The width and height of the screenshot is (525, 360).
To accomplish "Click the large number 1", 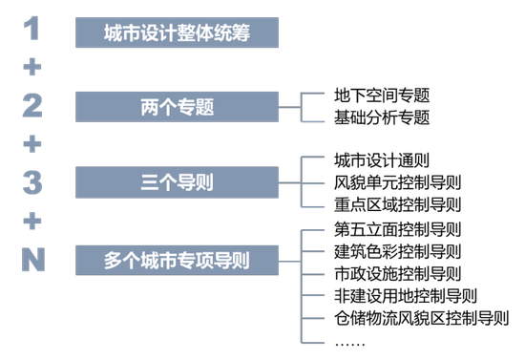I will click(x=32, y=30).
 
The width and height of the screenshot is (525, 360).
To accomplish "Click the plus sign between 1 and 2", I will click(x=32, y=68).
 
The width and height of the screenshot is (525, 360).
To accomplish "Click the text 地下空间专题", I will click(x=382, y=95).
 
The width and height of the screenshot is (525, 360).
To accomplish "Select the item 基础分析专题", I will click(x=382, y=117).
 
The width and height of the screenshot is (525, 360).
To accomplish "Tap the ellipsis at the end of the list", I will click(x=349, y=341).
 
